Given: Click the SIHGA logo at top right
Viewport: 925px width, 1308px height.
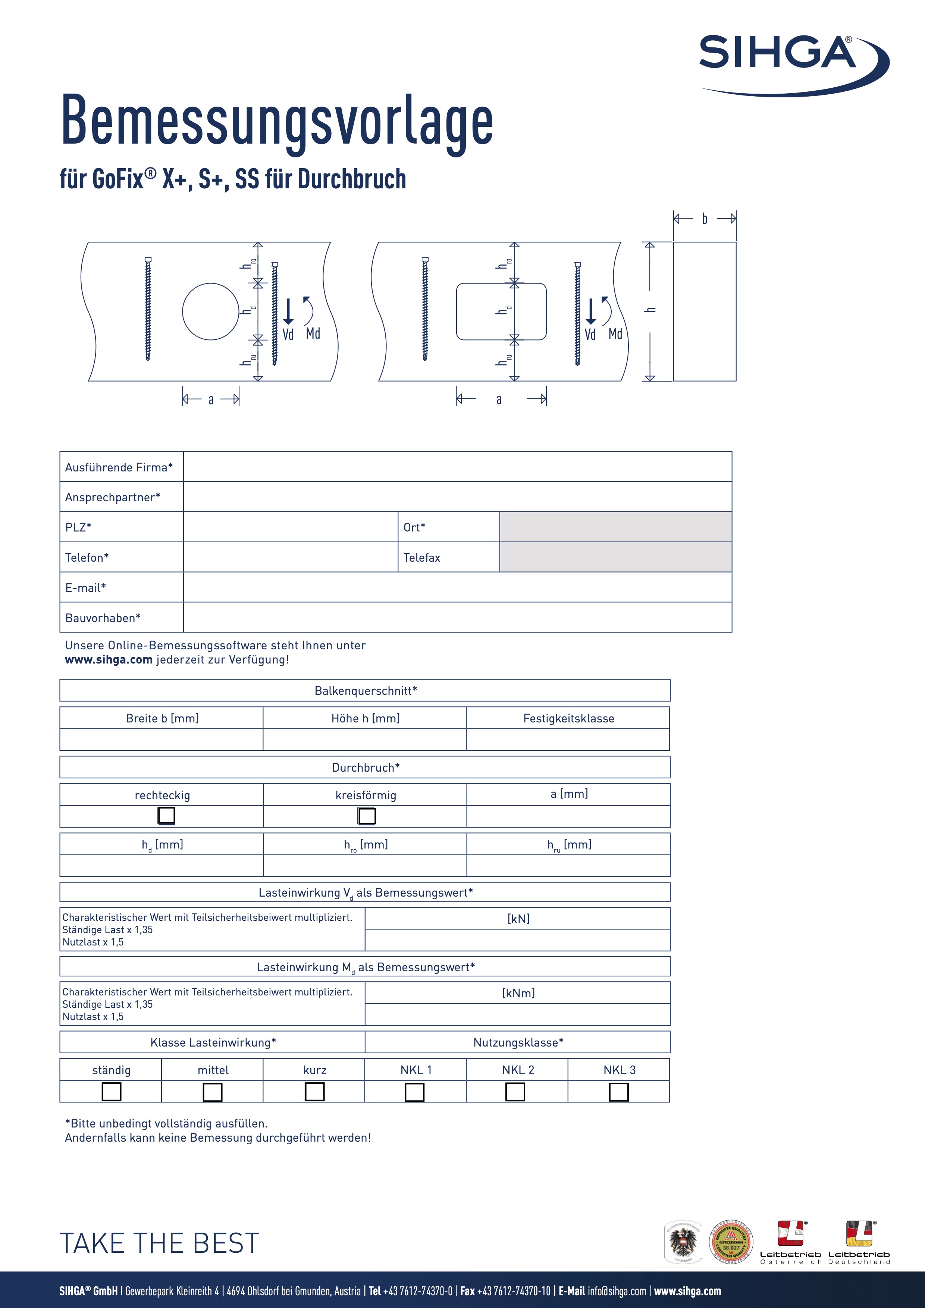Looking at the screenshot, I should [792, 63].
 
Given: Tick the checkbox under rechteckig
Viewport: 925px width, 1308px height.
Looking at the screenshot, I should [166, 816].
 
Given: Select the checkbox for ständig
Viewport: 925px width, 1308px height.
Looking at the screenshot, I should [111, 1092].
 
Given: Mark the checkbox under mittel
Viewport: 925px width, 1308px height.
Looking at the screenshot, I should [213, 1092].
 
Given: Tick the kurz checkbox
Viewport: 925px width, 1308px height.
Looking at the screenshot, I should [314, 1092].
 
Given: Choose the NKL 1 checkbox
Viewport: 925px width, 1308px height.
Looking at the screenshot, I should [414, 1092].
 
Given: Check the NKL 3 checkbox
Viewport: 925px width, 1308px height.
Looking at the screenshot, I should [618, 1092].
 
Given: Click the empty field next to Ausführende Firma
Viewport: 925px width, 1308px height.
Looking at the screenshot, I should [457, 467].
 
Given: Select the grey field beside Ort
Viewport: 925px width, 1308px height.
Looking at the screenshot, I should [615, 527].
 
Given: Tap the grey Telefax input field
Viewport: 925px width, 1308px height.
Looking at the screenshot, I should [615, 557].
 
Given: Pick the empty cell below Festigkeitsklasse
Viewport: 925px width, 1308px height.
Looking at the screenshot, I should [568, 740].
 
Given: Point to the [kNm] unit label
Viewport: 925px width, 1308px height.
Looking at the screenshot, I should [518, 993].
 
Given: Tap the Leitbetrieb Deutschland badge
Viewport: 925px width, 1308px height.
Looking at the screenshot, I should [859, 1242].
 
